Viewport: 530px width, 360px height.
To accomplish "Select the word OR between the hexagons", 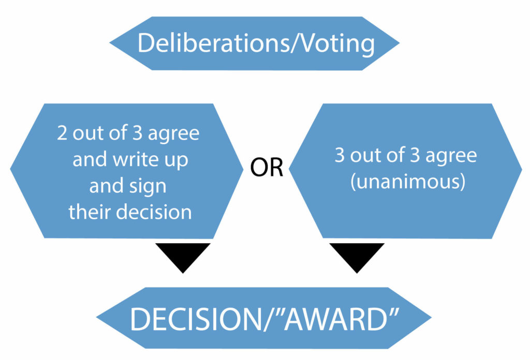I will [x=267, y=169].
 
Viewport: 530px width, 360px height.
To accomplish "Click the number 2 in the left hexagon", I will [x=63, y=133].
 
